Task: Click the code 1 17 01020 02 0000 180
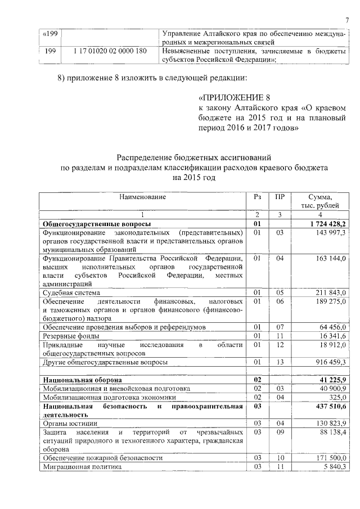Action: coord(110,51)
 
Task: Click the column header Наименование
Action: coord(143,197)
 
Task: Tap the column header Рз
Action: coord(257,197)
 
